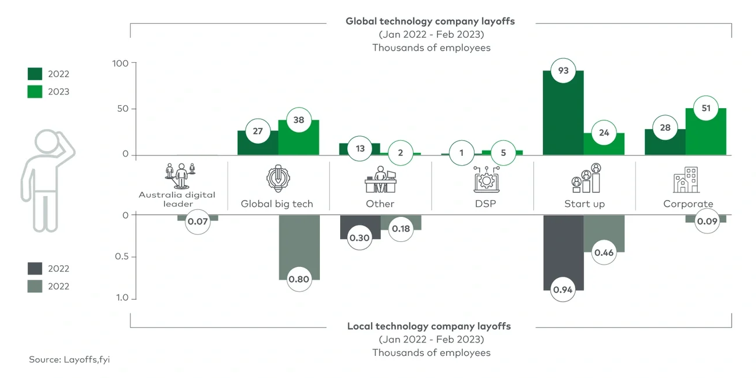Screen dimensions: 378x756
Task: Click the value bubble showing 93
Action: coord(563,71)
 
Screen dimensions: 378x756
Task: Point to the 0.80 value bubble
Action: coord(299,279)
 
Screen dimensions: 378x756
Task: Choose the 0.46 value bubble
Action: coord(604,252)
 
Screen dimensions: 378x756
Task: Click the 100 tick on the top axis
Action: coord(124,63)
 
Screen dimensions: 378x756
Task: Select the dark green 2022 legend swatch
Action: coord(35,74)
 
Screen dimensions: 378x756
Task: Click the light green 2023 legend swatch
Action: coord(35,91)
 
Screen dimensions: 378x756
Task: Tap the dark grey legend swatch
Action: coord(35,269)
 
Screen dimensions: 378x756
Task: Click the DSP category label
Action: coord(482,204)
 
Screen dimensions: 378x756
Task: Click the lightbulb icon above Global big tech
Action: coord(277,179)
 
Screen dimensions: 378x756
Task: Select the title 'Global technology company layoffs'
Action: coord(430,21)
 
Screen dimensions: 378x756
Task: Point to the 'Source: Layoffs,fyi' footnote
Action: coord(69,360)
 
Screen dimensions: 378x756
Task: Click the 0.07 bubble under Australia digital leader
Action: coord(198,222)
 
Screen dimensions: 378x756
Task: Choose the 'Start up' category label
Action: coord(584,204)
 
